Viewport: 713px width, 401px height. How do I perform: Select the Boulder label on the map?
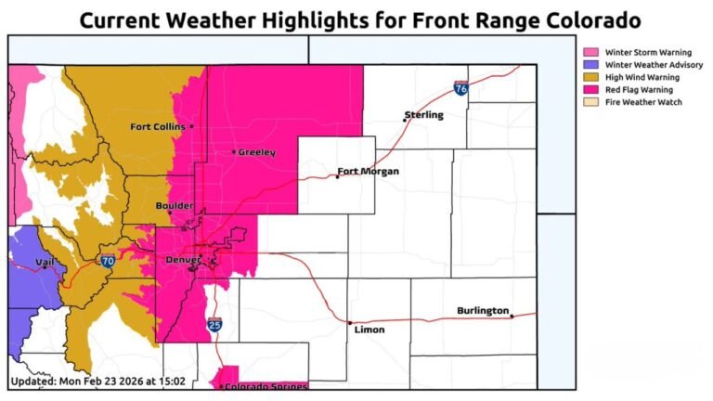(x=149, y=205)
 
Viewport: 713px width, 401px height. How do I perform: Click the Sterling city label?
(x=424, y=115)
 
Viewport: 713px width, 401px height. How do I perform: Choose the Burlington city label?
(x=482, y=310)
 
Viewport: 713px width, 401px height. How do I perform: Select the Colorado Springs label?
(x=266, y=385)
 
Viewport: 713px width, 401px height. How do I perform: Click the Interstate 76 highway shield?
(x=461, y=88)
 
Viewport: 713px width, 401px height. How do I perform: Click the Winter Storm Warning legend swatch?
(x=590, y=52)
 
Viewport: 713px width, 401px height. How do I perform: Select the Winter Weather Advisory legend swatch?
(x=590, y=65)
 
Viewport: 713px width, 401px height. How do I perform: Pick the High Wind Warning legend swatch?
(x=590, y=77)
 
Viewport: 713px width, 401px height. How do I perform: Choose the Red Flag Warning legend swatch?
(x=590, y=90)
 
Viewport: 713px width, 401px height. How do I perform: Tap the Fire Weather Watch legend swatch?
(x=590, y=102)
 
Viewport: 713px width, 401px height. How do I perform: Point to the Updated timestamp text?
(x=97, y=381)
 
